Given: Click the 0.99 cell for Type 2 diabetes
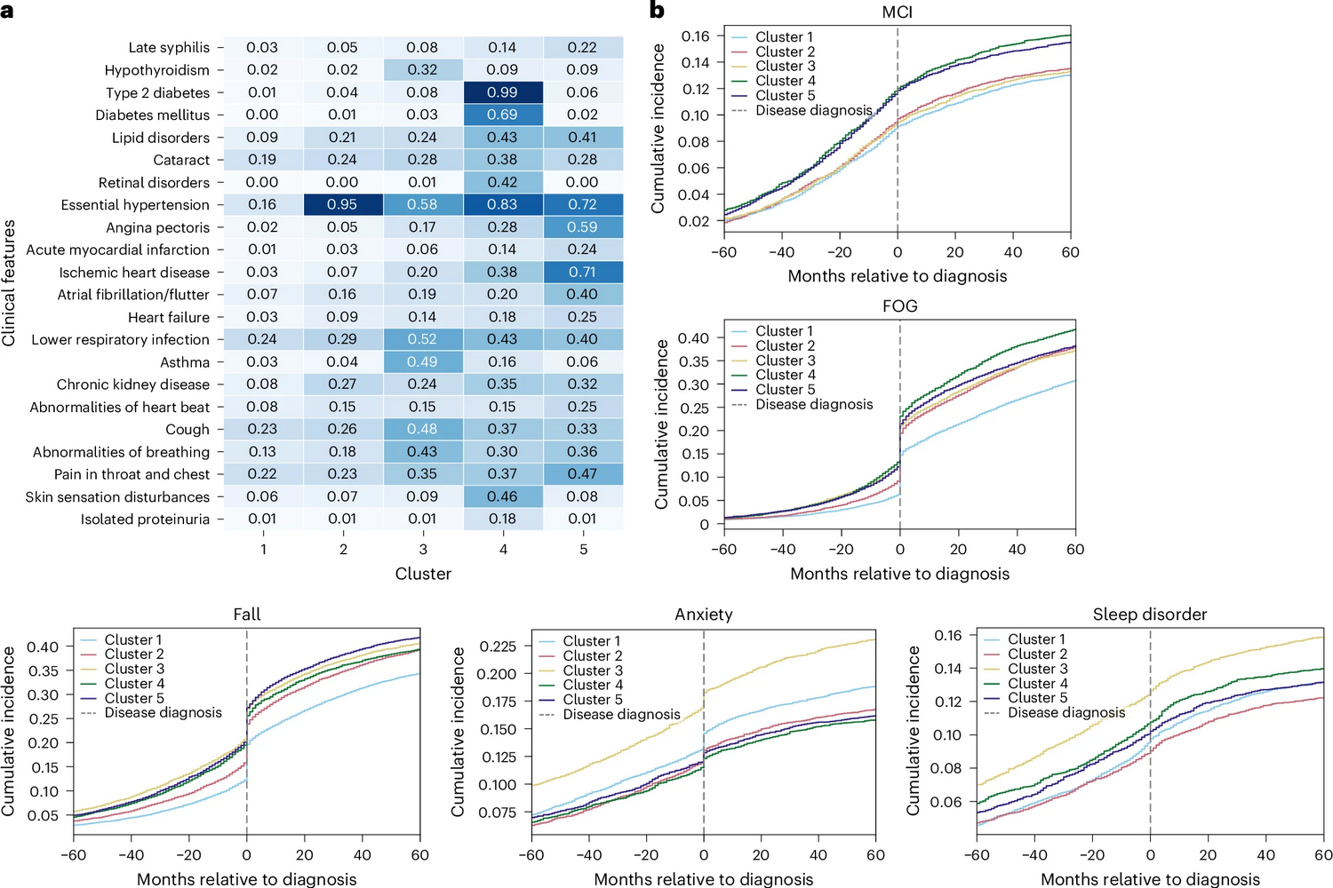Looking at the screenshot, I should (502, 92).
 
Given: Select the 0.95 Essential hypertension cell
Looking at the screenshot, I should (342, 204).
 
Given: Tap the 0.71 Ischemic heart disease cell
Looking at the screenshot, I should (582, 272).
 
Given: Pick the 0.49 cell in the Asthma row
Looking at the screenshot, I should (422, 361).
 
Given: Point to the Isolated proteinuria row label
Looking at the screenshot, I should (145, 519).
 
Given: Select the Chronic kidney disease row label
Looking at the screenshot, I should (133, 385).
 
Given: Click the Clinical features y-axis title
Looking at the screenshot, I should (9, 282).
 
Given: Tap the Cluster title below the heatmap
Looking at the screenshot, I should (423, 574).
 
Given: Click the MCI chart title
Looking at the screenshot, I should (898, 12).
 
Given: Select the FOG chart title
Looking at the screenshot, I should (899, 305).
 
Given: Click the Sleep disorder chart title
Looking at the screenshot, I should (1150, 614).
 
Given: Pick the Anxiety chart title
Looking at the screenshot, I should (703, 614).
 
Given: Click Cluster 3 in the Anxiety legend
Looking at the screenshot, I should (593, 670).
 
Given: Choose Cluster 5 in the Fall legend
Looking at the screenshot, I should (134, 698).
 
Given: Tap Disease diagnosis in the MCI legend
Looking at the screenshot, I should (814, 110).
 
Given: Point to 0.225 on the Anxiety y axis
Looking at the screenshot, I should (498, 646).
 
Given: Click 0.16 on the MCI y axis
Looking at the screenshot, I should (695, 36).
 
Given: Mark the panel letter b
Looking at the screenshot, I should (657, 11).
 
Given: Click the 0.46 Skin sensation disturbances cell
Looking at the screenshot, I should (502, 496).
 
